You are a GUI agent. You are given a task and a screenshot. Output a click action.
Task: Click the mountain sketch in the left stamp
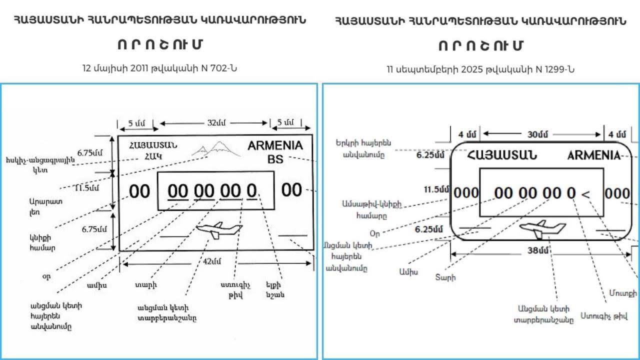[x=212, y=148]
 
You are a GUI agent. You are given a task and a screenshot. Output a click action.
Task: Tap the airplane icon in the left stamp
[x=218, y=230]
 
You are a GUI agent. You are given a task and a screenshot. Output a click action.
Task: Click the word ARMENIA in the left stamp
[x=275, y=146]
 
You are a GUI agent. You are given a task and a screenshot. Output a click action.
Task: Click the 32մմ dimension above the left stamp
[x=214, y=123]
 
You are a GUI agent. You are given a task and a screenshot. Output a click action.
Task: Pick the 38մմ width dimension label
[x=538, y=250]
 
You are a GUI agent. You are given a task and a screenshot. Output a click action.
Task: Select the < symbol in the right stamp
[x=585, y=193]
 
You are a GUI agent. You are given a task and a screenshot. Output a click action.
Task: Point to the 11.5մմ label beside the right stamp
[x=433, y=189]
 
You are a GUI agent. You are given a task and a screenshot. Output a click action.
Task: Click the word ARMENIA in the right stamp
[x=593, y=155]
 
